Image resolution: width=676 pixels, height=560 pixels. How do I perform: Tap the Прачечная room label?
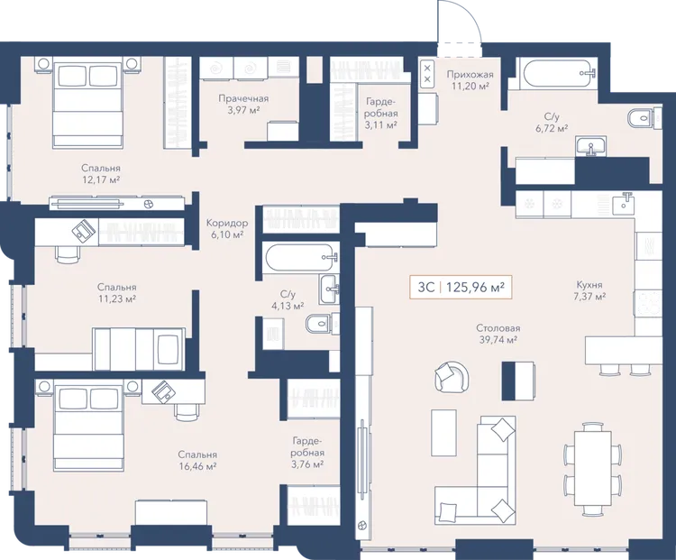coord(243,98)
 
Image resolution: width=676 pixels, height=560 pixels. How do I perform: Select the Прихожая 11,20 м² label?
coord(470,80)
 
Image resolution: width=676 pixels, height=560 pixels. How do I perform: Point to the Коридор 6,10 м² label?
coord(227,229)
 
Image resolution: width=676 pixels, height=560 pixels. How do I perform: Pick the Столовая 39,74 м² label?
coord(498,334)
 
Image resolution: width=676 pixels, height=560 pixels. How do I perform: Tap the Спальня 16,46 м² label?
coord(197,460)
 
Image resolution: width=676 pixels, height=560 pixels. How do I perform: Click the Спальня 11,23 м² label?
coord(117,292)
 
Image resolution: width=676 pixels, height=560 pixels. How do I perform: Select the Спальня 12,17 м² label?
coord(101,173)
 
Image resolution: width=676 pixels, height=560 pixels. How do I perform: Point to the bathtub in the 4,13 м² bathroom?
coord(301,258)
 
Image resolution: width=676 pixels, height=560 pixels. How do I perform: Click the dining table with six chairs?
coord(593,469)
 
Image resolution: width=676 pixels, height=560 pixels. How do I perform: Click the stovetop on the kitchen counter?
coord(647,304)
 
